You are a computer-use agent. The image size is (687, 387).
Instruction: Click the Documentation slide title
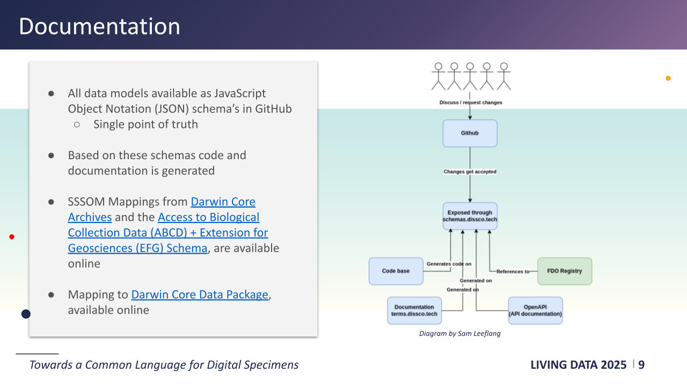(99, 26)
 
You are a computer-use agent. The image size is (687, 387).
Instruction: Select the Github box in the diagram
(470, 133)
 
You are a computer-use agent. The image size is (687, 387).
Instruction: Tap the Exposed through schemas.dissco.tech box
(470, 217)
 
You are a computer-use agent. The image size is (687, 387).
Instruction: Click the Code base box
(396, 271)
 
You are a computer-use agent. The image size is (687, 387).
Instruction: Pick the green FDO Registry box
(564, 271)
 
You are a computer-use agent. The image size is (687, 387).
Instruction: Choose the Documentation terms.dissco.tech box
(414, 311)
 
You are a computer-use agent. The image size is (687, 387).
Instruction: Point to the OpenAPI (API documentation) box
(535, 311)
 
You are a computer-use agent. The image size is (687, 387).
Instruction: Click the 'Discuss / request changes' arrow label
(471, 102)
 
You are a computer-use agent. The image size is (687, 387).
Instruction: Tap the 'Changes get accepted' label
(470, 172)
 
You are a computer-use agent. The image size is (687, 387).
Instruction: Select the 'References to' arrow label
(513, 271)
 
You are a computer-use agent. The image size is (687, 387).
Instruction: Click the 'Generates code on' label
(449, 264)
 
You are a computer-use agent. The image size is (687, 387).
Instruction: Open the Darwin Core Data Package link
(200, 295)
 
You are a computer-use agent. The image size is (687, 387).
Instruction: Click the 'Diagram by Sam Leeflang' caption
(459, 334)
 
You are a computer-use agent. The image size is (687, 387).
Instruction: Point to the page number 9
(641, 365)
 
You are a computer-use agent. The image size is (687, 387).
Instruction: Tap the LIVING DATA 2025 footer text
(578, 365)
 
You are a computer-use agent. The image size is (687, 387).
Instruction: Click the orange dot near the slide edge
(668, 78)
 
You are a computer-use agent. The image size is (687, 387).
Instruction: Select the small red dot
(12, 236)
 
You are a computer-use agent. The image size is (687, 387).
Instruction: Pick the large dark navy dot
(26, 314)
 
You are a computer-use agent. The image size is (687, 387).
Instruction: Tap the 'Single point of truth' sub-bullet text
(145, 124)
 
